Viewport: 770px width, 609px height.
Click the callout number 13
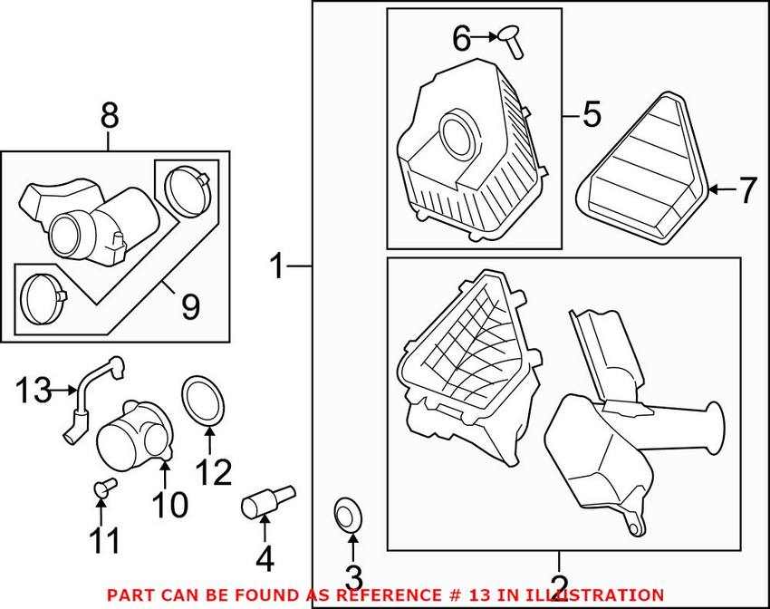[x=33, y=391]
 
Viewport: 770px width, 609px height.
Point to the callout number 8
[x=109, y=116]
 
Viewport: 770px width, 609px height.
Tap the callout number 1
[x=279, y=266]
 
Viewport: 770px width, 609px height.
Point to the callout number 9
[x=189, y=308]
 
